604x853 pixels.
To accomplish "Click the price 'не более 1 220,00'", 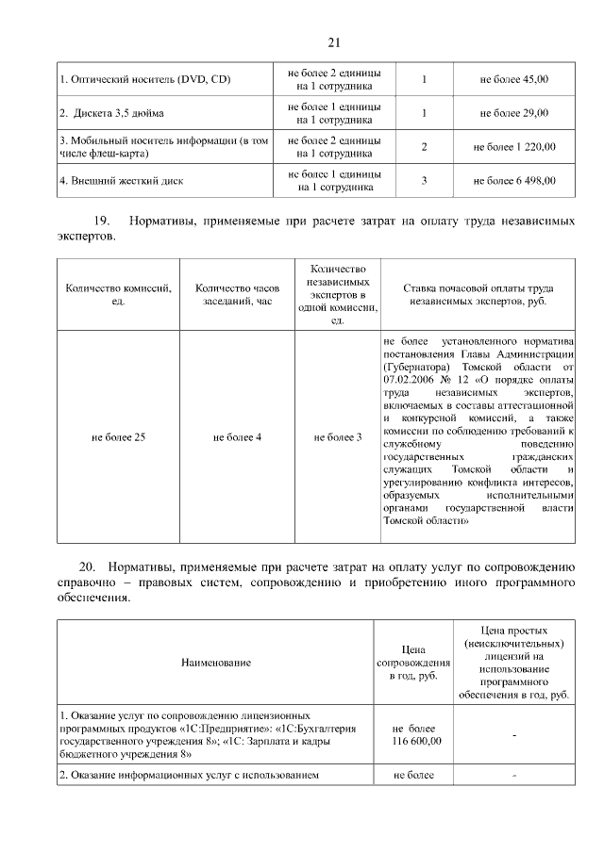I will tap(513, 147).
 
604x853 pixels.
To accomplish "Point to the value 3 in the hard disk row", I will tap(425, 180).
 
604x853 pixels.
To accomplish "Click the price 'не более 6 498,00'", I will tap(513, 181).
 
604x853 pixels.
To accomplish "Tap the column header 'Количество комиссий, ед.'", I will tap(118, 294).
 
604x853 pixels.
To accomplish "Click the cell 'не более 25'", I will tap(118, 436).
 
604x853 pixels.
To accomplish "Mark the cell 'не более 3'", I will tap(338, 436).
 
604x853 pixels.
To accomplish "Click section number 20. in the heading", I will tap(88, 567).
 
